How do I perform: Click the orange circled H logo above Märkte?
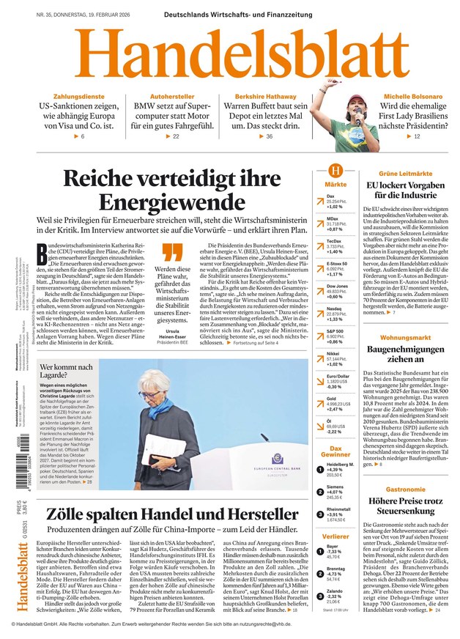[x=335, y=170]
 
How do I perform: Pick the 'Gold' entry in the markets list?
[x=331, y=399]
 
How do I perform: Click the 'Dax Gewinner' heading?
[x=335, y=452]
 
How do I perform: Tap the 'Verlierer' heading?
[x=335, y=537]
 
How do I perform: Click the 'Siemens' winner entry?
[x=335, y=486]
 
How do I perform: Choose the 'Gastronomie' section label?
[x=405, y=489]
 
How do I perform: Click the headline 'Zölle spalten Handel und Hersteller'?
[x=172, y=513]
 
